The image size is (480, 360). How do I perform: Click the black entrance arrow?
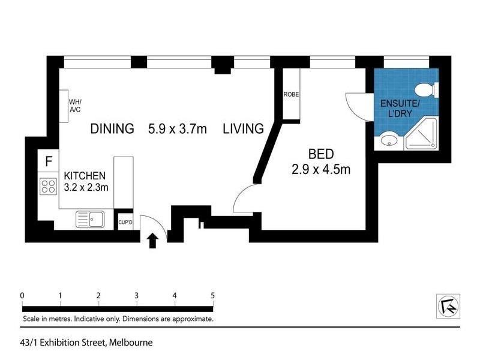pyautogui.click(x=152, y=240)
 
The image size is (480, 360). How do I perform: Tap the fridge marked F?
pyautogui.click(x=49, y=161)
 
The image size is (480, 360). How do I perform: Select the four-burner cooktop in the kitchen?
pyautogui.click(x=47, y=186)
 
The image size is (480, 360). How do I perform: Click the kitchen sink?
pyautogui.click(x=90, y=219)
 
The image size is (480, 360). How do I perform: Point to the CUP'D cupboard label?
pyautogui.click(x=125, y=223)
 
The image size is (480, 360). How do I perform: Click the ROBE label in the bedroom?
pyautogui.click(x=292, y=95)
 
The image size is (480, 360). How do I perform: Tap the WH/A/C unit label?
pyautogui.click(x=75, y=105)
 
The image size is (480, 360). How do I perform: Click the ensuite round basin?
pyautogui.click(x=388, y=142)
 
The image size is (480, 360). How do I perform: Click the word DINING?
pyautogui.click(x=112, y=128)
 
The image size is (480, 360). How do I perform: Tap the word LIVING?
pyautogui.click(x=243, y=128)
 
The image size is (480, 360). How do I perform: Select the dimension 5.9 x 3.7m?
pyautogui.click(x=177, y=128)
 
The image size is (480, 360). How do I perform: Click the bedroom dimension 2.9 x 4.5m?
pyautogui.click(x=321, y=170)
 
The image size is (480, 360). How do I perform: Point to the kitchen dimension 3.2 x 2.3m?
pyautogui.click(x=86, y=187)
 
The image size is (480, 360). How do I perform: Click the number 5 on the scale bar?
pyautogui.click(x=212, y=295)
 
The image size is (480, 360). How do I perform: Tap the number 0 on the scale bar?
pyautogui.click(x=22, y=295)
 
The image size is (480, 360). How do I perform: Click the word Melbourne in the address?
pyautogui.click(x=130, y=343)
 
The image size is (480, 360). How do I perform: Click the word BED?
pyautogui.click(x=321, y=154)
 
